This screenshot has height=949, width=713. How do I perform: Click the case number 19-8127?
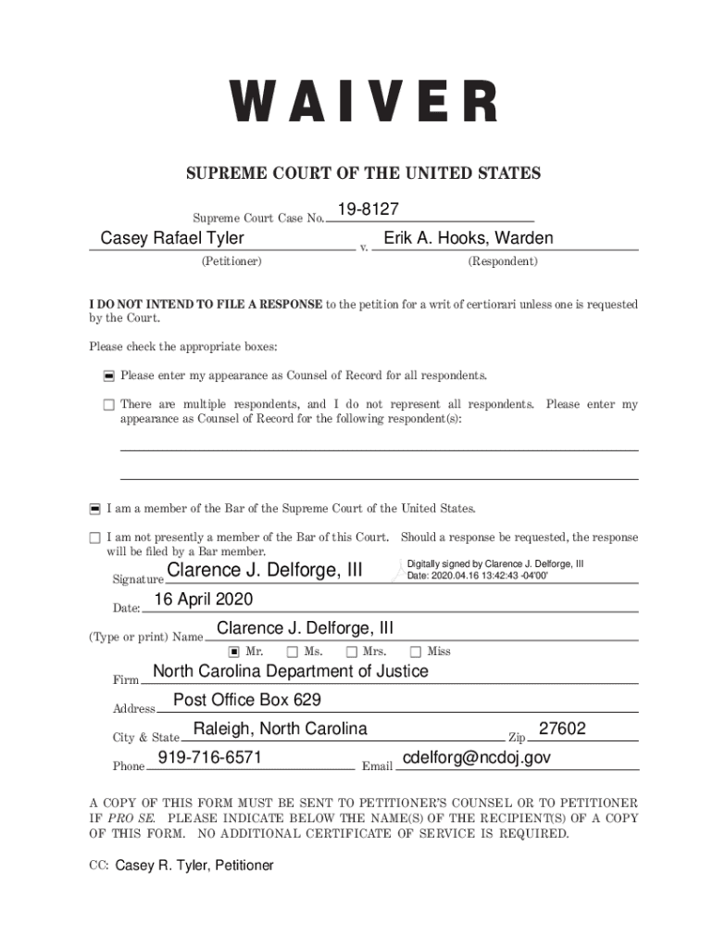(369, 211)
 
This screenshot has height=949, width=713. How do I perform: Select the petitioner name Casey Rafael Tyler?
(172, 239)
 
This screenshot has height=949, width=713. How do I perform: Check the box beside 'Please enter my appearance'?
(108, 376)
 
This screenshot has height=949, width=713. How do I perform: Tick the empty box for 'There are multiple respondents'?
(108, 405)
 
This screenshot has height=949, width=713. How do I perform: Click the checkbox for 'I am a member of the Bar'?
(94, 509)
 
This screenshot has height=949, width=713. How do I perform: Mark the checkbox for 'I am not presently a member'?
(94, 538)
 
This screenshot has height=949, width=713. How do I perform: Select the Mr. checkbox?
(234, 652)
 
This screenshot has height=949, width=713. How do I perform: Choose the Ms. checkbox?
(292, 652)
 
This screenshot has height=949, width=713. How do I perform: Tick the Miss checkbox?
(416, 652)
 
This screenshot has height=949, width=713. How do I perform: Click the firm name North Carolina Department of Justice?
(290, 671)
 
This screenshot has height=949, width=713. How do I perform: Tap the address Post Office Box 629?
(247, 700)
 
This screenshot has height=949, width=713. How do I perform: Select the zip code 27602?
(562, 728)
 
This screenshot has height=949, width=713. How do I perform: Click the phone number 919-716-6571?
(210, 758)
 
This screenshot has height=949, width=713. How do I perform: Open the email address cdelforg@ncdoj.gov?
(477, 758)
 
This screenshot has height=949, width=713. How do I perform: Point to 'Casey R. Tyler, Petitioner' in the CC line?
(194, 866)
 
